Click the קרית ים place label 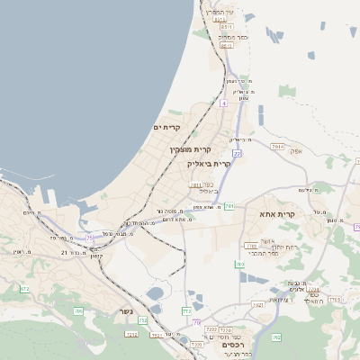[167, 128]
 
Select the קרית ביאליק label [209, 164]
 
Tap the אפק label [295, 151]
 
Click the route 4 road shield [222, 103]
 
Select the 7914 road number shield [277, 146]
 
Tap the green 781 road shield [229, 206]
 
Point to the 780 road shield [239, 264]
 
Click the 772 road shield [186, 310]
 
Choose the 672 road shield [24, 289]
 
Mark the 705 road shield [78, 310]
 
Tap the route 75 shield [357, 227]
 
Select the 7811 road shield [196, 184]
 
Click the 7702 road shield [211, 329]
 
